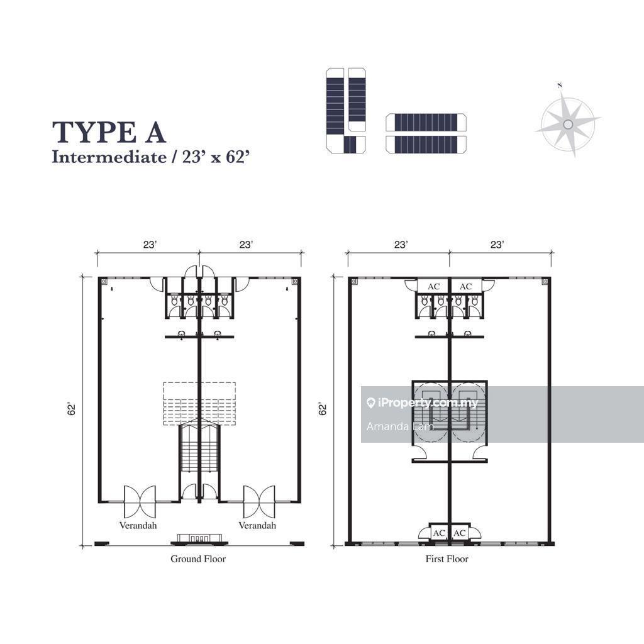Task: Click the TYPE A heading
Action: (x=109, y=132)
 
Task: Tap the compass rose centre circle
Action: (x=568, y=124)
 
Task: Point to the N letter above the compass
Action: (x=560, y=86)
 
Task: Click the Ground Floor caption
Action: (x=198, y=558)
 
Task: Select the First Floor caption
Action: (x=447, y=558)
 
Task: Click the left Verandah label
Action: (x=138, y=525)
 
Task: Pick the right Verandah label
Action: (x=257, y=525)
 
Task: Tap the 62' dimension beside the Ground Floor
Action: (x=72, y=409)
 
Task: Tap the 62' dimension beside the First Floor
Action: (x=323, y=409)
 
